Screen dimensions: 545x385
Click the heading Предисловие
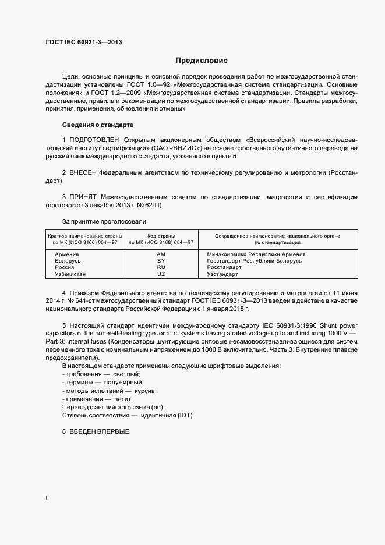click(x=202, y=61)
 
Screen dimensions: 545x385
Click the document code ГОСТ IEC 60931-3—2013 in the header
click(x=83, y=42)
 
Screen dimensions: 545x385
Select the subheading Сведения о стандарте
click(x=98, y=125)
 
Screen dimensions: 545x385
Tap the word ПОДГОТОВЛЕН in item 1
click(x=95, y=140)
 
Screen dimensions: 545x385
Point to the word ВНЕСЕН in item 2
click(x=83, y=174)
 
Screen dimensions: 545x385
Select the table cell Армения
click(x=67, y=254)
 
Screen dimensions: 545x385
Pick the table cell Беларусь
click(x=68, y=261)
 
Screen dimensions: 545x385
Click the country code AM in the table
click(x=161, y=254)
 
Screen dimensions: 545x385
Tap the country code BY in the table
click(x=161, y=261)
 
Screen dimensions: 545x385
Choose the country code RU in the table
click(x=161, y=267)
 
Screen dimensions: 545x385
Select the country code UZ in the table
click(x=161, y=274)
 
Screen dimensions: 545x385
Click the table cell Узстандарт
click(x=223, y=274)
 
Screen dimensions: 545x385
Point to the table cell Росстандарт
click(x=224, y=267)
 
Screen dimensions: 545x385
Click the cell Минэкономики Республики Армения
click(x=256, y=254)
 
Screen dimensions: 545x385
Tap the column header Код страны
click(x=161, y=235)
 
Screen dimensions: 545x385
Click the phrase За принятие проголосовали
click(x=105, y=221)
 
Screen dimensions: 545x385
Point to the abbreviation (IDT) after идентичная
click(x=186, y=415)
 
